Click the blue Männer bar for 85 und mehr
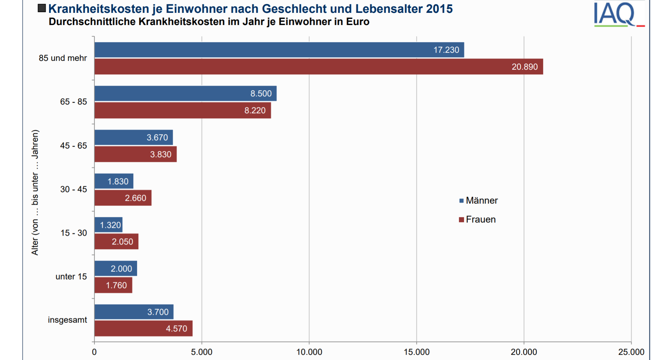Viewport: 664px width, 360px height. pos(279,50)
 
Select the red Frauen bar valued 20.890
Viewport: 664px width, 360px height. pos(319,67)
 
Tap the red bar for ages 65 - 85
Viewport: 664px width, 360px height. pos(183,110)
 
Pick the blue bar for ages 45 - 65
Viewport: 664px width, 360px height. pos(134,138)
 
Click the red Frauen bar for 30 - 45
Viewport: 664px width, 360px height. pos(123,198)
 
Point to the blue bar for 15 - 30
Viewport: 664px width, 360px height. pos(108,225)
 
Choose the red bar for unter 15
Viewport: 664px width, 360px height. pos(113,285)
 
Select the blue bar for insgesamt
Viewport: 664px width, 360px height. pos(134,312)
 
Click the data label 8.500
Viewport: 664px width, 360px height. pos(261,94)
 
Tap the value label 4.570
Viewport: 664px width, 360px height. pos(176,329)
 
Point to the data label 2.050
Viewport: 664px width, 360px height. pos(122,242)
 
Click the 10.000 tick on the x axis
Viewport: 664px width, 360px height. pos(309,352)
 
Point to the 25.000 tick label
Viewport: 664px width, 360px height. pos(631,352)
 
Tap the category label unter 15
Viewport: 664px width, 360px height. pos(71,277)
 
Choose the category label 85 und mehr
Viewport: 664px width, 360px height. pos(63,58)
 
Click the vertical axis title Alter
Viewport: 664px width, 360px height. pos(35,193)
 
